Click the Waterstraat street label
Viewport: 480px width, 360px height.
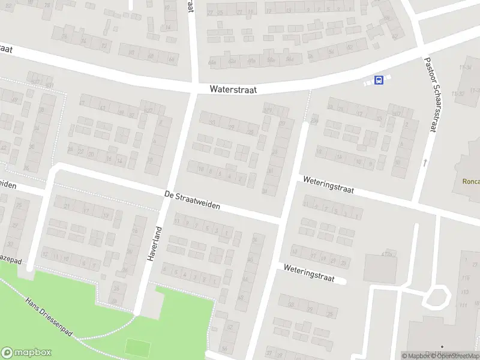point(233,89)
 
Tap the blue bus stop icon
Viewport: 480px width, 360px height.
point(379,80)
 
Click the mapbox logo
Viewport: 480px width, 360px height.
point(26,352)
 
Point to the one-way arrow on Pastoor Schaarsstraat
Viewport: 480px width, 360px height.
point(425,162)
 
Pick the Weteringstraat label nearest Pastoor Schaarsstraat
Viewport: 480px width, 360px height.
point(329,184)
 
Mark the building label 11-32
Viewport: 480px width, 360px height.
point(460,94)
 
